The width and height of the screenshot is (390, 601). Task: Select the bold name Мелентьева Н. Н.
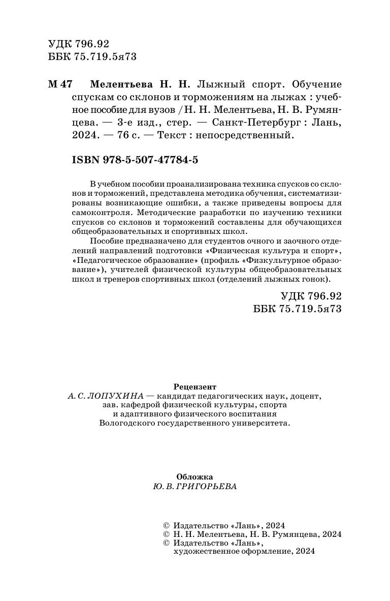[141, 84]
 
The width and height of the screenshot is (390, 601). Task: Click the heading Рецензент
[194, 386]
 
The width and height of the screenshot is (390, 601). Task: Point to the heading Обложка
[194, 477]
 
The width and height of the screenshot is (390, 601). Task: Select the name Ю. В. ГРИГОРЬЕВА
[194, 486]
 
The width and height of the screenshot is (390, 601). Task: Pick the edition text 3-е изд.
[139, 123]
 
